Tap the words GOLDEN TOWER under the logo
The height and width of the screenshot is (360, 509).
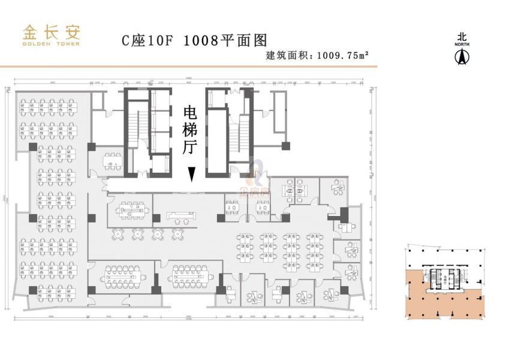[51, 44]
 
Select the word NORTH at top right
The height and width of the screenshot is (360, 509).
[462, 44]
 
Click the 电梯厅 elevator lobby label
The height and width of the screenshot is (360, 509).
[190, 130]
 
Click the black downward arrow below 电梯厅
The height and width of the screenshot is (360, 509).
[191, 173]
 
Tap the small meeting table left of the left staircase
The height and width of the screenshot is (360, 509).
[112, 160]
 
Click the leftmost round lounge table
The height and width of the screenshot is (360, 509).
[119, 233]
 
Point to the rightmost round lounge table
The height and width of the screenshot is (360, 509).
[177, 233]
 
